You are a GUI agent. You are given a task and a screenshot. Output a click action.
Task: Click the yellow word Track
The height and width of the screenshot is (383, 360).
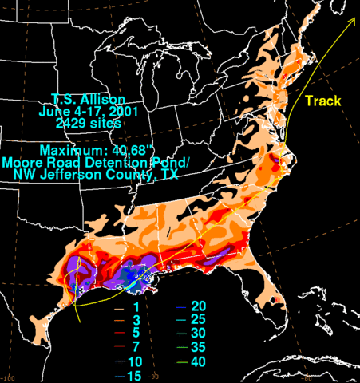pyautogui.click(x=322, y=101)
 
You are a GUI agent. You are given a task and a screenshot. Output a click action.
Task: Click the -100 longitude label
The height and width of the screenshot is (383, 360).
pyautogui.click(x=9, y=377)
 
